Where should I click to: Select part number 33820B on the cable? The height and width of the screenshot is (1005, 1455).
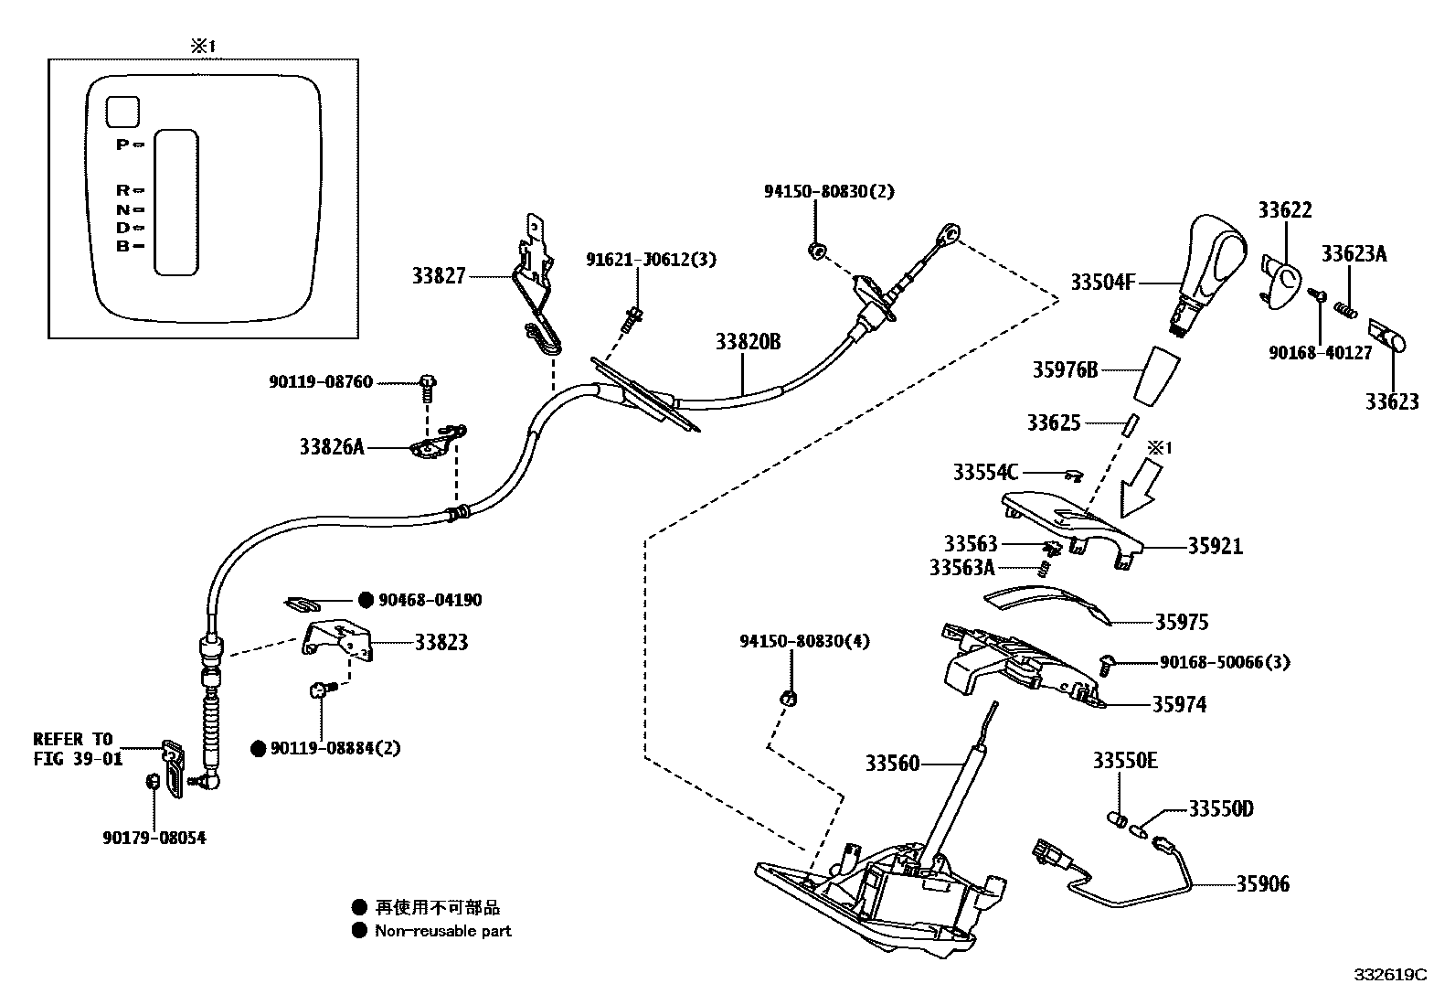click(748, 342)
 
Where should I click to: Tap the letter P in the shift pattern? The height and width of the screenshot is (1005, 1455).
click(122, 144)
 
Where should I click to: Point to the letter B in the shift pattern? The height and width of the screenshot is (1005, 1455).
click(122, 246)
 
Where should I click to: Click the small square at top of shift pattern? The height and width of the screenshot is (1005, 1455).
click(122, 112)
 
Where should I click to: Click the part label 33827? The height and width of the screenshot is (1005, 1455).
click(439, 275)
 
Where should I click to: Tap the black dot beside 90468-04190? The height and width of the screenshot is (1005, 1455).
click(365, 600)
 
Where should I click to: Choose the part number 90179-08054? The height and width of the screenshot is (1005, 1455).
click(154, 838)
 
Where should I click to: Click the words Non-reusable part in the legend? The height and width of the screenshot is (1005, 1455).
click(443, 931)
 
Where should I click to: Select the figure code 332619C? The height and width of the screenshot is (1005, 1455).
click(1390, 975)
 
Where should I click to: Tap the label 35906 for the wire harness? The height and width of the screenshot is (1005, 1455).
click(1263, 883)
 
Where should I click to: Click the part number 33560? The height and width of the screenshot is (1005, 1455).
click(892, 763)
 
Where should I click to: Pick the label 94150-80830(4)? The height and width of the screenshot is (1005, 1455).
click(804, 641)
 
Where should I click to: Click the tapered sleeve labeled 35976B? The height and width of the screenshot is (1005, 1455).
click(1155, 373)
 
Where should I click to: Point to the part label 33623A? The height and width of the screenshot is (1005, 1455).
click(1354, 254)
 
